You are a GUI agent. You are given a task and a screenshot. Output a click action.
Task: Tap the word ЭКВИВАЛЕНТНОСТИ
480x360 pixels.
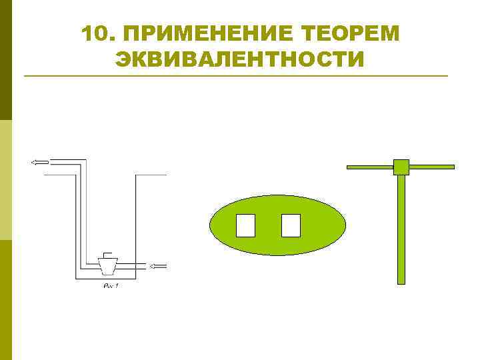240,60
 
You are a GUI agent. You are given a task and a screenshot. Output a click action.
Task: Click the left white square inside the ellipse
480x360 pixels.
246,225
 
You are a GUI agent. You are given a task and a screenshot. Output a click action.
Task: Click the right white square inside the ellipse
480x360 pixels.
291,225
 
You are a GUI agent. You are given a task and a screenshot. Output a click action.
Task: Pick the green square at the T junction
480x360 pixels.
401,167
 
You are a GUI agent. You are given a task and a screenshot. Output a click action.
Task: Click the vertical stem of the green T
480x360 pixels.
401,227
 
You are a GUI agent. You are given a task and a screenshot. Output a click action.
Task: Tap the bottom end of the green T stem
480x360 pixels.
401,281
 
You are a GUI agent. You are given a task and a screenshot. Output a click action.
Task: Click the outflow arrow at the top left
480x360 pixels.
39,161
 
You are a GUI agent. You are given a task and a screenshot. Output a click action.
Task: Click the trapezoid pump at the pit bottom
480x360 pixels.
107,267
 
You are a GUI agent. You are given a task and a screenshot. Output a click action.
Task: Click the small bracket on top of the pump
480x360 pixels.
107,255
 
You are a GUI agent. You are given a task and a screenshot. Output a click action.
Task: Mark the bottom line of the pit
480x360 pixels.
107,278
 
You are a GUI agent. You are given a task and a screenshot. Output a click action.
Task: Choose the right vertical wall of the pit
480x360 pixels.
137,227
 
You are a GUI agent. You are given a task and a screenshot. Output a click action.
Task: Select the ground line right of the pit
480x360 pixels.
151,175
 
